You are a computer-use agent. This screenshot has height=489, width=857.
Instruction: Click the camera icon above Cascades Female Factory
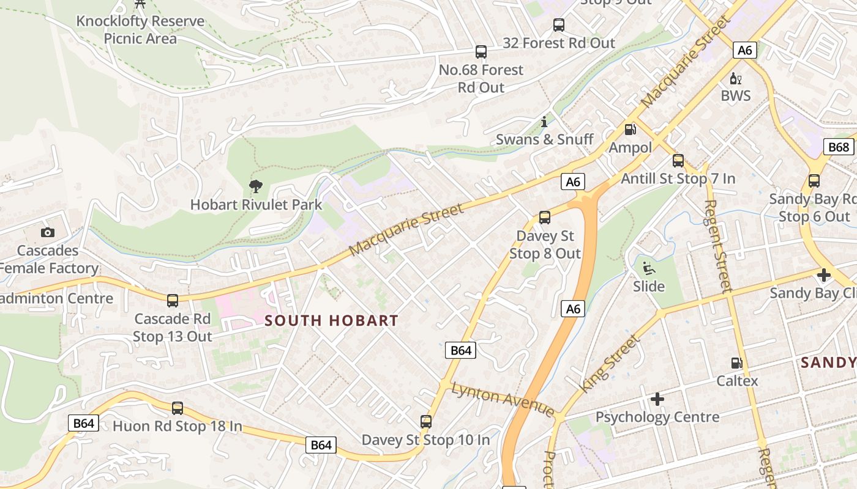point(48,232)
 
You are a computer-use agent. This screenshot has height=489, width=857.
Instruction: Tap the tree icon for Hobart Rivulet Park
point(256,186)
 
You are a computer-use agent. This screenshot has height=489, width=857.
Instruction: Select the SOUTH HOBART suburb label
point(331,320)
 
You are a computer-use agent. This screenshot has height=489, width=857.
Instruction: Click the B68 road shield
point(838,147)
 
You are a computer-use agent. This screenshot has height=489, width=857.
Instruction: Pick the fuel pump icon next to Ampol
point(630,130)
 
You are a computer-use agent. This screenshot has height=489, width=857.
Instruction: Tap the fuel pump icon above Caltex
point(737,363)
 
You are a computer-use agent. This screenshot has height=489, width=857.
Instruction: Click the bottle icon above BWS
point(735,78)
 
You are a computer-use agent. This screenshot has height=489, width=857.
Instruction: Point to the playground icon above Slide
point(648,268)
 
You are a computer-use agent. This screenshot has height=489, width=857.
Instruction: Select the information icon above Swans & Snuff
point(544,122)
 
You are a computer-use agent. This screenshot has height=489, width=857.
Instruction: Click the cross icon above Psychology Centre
point(657,399)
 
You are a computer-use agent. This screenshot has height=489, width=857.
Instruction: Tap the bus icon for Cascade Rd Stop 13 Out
point(173,300)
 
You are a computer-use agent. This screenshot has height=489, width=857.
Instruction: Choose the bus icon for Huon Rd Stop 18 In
point(178,408)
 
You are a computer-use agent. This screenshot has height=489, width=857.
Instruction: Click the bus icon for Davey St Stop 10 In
point(426,421)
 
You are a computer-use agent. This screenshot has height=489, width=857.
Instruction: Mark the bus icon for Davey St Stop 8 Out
point(545,217)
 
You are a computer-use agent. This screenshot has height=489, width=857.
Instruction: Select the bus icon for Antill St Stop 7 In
point(678,161)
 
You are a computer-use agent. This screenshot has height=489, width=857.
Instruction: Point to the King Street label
point(610,363)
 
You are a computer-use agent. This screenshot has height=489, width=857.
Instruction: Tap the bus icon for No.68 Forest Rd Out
point(481,52)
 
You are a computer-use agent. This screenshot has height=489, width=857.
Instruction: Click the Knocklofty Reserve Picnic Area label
point(140,29)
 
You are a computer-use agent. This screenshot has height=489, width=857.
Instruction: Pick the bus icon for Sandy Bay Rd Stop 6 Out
point(814,181)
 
